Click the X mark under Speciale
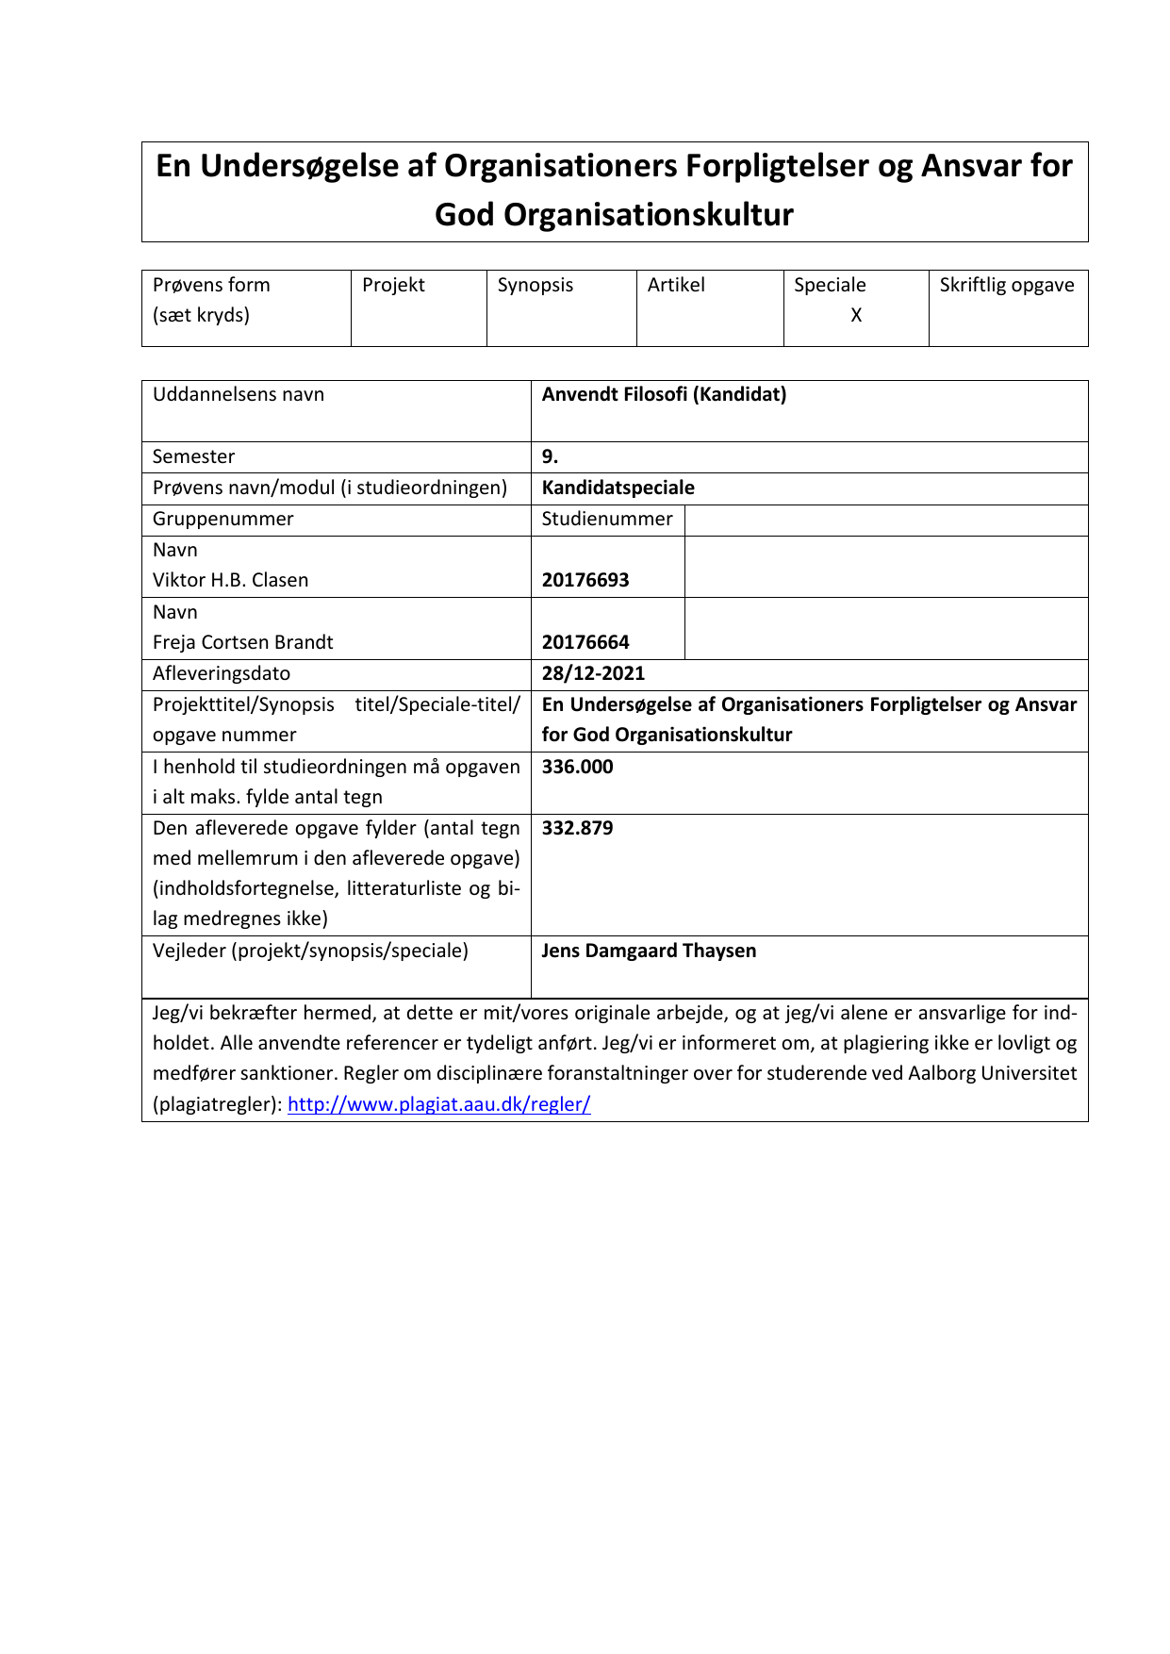point(856,316)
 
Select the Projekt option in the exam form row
point(393,286)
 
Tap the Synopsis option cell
point(535,286)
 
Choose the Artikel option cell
point(676,286)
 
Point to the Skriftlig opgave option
point(1006,286)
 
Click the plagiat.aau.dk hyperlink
point(438,1104)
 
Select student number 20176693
point(585,581)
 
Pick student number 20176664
point(585,643)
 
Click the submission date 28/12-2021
point(593,674)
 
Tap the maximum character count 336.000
point(577,768)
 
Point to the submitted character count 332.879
point(577,829)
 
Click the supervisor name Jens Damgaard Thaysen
point(649,951)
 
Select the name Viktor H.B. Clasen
point(230,581)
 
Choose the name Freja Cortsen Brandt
point(242,643)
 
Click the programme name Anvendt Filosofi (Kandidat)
point(664,395)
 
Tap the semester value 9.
point(550,457)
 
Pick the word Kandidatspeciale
point(618,488)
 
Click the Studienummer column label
point(607,520)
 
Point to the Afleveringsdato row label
point(222,674)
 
